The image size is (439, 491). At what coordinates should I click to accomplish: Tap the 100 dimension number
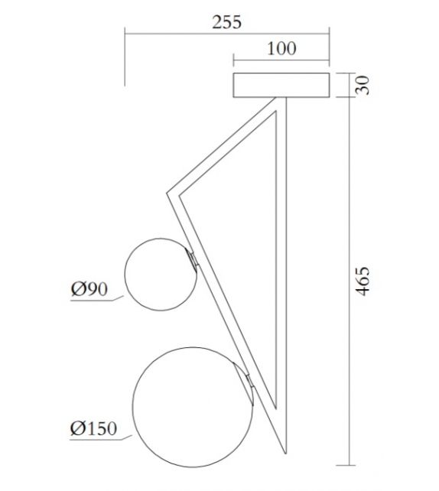point(281,48)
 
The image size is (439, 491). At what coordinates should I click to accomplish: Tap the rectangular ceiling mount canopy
point(281,85)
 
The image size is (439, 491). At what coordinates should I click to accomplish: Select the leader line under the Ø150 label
point(103,439)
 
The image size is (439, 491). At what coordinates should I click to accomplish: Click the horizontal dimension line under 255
point(227,32)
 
